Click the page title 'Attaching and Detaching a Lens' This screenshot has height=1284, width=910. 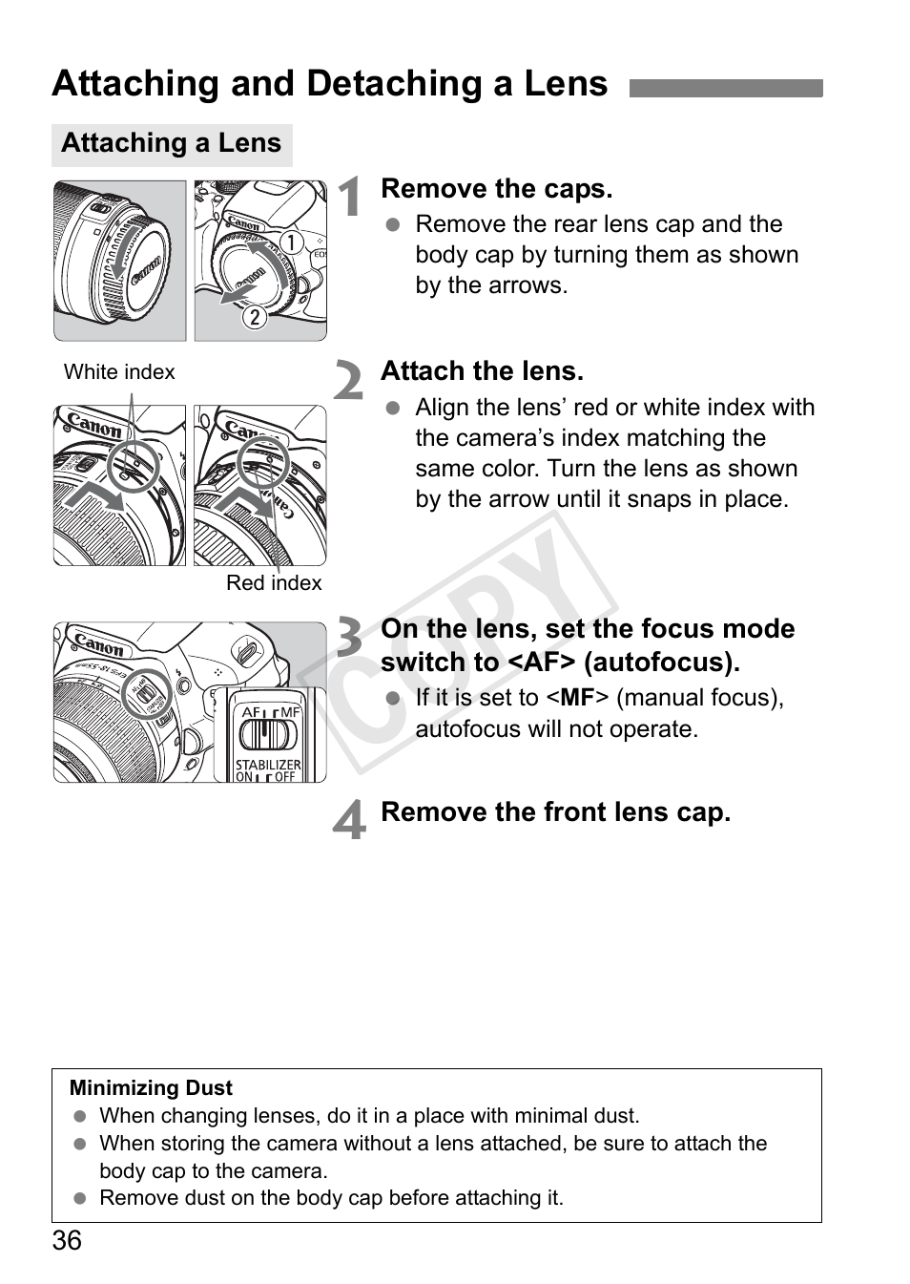pos(329,84)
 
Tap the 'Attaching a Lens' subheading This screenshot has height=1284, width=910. pos(171,143)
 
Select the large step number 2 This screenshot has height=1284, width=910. pos(350,381)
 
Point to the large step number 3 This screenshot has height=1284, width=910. pos(350,639)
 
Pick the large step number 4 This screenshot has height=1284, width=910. pos(350,820)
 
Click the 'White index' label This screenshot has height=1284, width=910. pos(119,372)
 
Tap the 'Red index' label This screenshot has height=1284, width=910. pos(274,583)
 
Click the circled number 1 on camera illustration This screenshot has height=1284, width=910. pos(290,242)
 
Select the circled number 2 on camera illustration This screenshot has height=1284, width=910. pos(254,316)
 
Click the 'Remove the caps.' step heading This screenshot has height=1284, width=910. pos(496,189)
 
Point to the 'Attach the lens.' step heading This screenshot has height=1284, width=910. pos(482,371)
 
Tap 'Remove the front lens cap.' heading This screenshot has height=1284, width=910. pos(555,812)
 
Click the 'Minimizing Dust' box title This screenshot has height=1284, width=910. pos(151,1088)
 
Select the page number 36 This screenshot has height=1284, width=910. pos(67,1241)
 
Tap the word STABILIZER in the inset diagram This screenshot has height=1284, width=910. pos(268,765)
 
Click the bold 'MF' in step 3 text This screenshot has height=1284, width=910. pos(577,698)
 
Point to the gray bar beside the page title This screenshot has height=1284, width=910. pos(726,89)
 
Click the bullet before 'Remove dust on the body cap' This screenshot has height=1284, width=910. pos(81,1199)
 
